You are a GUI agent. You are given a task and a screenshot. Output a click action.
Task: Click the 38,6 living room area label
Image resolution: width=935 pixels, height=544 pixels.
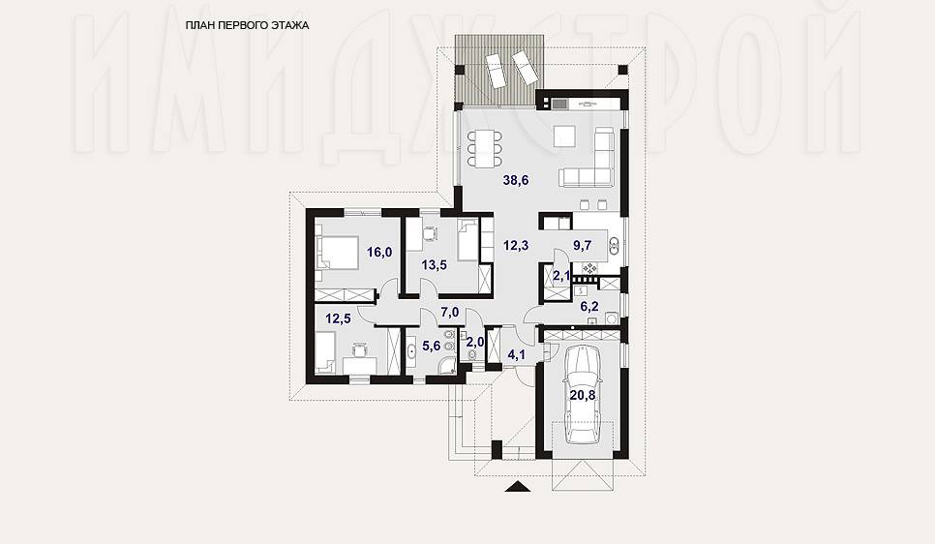tap(516, 179)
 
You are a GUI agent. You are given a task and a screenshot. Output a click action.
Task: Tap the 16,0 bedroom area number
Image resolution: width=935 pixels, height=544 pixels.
tap(379, 252)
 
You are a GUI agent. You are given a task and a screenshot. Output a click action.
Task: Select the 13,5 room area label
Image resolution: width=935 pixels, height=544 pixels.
tap(434, 265)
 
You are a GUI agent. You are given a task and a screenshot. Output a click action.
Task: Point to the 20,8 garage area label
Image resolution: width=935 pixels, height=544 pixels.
tap(583, 395)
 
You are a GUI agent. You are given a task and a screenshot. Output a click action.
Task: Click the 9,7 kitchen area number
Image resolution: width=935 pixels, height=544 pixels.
tap(582, 245)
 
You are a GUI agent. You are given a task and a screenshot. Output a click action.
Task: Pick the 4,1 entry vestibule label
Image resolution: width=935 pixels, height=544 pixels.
tap(517, 354)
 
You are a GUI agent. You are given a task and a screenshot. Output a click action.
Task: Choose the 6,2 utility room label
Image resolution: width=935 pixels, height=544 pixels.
tap(589, 307)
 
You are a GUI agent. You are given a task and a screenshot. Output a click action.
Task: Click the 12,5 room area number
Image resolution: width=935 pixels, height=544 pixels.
tap(338, 317)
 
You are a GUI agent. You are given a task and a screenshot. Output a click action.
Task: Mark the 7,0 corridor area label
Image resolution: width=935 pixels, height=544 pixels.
tap(450, 312)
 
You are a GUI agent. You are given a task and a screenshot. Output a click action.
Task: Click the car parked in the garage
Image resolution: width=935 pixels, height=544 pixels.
tap(583, 394)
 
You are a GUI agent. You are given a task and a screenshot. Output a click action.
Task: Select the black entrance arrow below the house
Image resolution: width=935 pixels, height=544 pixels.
tap(517, 486)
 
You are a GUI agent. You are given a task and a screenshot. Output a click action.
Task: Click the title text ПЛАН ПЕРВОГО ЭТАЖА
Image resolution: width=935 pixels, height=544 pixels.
tap(247, 25)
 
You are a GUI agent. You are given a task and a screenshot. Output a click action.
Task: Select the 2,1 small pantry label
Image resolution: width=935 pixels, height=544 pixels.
tap(561, 275)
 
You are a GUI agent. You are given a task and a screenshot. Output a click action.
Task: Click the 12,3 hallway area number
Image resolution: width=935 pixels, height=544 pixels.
tap(516, 245)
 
